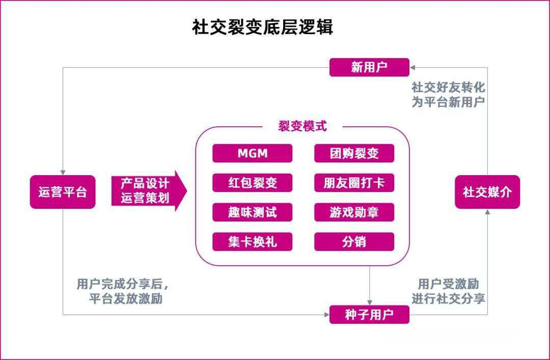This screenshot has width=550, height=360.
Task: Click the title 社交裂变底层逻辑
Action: click(x=262, y=27)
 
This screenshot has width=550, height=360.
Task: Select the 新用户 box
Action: click(x=369, y=67)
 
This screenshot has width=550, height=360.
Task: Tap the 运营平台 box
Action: click(x=63, y=192)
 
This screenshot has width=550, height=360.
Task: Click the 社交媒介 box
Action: click(x=487, y=192)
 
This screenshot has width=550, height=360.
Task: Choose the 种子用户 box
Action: click(x=369, y=314)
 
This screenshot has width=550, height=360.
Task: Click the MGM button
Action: click(x=252, y=153)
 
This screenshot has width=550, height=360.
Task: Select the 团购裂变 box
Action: click(x=354, y=153)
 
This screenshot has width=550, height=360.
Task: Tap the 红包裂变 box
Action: click(x=252, y=183)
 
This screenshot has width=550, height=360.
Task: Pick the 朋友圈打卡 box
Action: click(x=354, y=183)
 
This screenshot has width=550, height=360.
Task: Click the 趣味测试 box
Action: click(x=252, y=212)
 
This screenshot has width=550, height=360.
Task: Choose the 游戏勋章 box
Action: click(x=354, y=212)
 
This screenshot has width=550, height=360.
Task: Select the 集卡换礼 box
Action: click(x=252, y=241)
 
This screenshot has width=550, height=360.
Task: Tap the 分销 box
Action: click(x=354, y=241)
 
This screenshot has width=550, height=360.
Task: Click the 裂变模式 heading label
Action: click(x=302, y=126)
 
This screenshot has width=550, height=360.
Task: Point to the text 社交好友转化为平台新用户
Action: click(x=448, y=94)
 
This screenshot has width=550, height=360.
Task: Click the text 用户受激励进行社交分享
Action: click(x=448, y=291)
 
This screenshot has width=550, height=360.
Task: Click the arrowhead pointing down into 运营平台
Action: click(x=63, y=172)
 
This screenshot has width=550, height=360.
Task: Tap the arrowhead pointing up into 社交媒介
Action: click(x=487, y=212)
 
